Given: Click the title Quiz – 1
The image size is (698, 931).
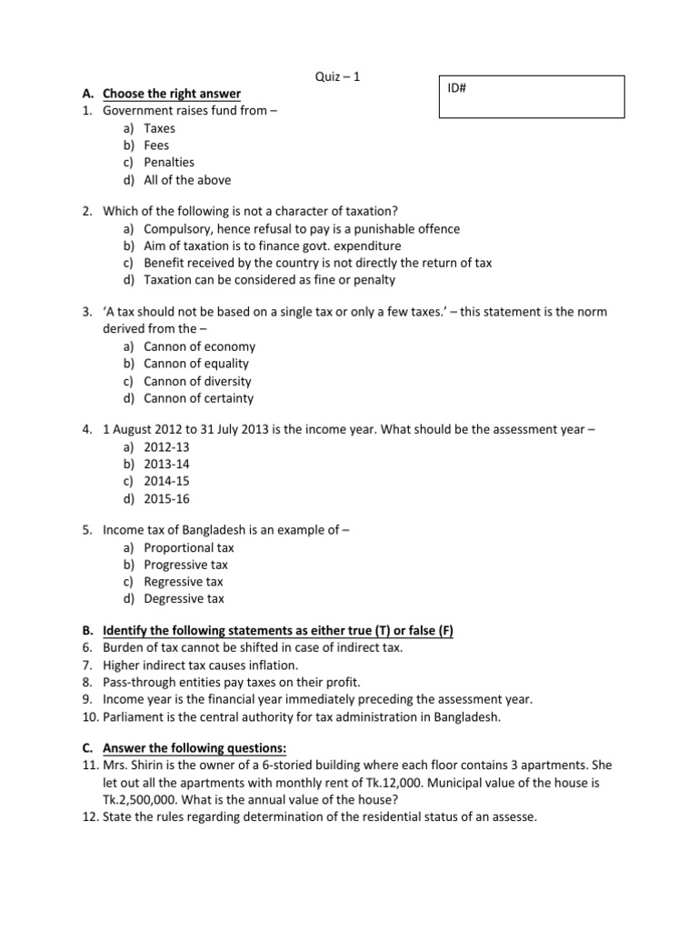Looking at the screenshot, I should (337, 77).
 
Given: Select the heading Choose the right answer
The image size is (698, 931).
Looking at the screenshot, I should (172, 94).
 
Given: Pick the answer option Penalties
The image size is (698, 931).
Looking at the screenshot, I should (169, 163).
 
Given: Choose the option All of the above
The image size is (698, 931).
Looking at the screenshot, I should (187, 180).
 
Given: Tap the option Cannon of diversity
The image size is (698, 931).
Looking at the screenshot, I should (197, 381).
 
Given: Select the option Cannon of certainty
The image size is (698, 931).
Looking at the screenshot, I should (198, 398).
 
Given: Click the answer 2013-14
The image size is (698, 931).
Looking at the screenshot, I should (167, 464).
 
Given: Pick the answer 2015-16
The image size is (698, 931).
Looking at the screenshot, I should (167, 498).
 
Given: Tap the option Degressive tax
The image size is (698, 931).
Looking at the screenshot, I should (184, 599).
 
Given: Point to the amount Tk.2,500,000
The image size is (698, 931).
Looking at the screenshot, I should (145, 800).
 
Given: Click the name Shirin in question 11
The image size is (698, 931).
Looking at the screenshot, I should (149, 766).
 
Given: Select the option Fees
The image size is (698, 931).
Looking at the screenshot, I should (156, 145).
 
